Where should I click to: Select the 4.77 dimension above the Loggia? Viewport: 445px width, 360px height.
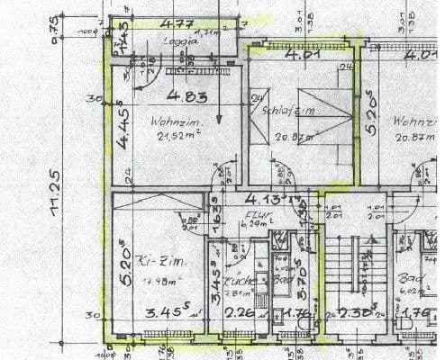pyautogui.click(x=177, y=24)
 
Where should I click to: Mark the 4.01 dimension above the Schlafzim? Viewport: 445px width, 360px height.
pyautogui.click(x=303, y=54)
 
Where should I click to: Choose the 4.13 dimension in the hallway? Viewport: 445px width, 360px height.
pyautogui.click(x=263, y=199)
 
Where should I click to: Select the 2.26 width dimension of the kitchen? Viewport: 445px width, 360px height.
pyautogui.click(x=239, y=314)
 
